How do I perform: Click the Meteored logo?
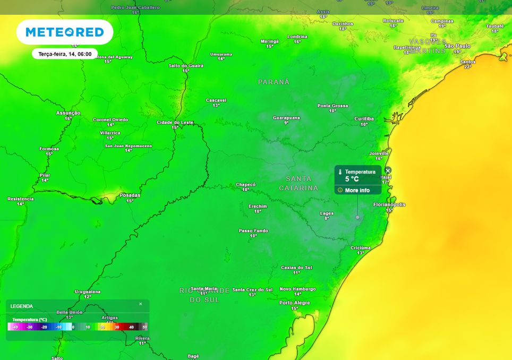[x=65, y=32]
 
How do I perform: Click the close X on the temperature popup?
[x=388, y=170]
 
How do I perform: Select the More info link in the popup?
[x=357, y=190]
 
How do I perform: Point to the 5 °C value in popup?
[x=352, y=179]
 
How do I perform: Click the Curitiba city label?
[x=364, y=119]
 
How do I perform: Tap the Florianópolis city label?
[x=389, y=204]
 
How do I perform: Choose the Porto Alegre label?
[x=294, y=303]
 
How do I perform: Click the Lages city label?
[x=327, y=213]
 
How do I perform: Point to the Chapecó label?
[x=246, y=185]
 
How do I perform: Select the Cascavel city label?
[x=216, y=100]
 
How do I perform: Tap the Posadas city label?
[x=130, y=195]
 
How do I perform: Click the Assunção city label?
[x=68, y=113]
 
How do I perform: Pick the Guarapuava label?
[x=286, y=117]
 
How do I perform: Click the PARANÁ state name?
[x=274, y=82]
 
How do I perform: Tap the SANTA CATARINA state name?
[x=298, y=183]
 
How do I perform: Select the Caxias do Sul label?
[x=296, y=268]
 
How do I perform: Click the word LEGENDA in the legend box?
[x=22, y=306]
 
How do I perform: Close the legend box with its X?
[x=141, y=304]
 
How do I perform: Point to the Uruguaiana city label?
[x=88, y=292]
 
